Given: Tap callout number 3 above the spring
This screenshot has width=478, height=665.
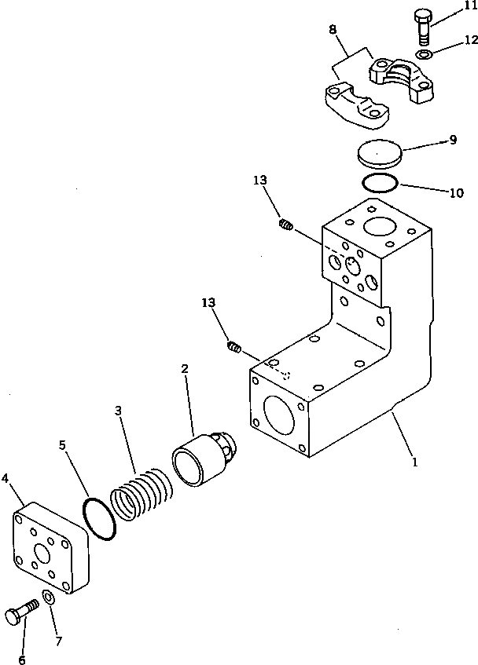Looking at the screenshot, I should point(118,411).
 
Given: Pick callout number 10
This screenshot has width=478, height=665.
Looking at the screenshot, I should point(455,192).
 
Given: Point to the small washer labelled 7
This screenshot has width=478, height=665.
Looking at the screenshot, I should point(48,599).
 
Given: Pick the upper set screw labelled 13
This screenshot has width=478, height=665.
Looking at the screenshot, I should point(286,226).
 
